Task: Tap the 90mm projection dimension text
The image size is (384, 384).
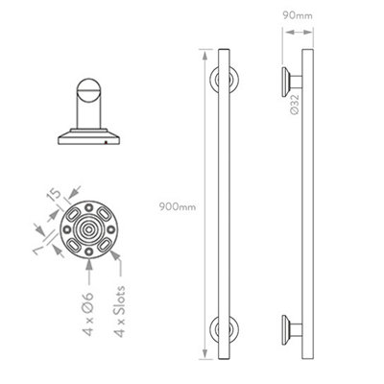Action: (299, 16)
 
